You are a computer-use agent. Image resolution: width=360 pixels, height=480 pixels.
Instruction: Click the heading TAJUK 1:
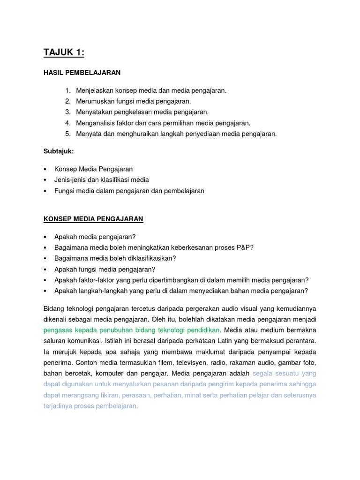[64, 52]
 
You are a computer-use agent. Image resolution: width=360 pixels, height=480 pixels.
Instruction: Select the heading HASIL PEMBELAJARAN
[82, 73]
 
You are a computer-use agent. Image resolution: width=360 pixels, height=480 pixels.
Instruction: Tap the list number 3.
[67, 112]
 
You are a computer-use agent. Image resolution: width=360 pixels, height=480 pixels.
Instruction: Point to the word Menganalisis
[97, 123]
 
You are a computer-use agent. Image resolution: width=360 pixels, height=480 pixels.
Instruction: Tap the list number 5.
[67, 134]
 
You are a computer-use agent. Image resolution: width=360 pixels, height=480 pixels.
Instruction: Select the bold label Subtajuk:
[59, 152]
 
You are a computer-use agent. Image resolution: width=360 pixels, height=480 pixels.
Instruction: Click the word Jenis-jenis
[71, 180]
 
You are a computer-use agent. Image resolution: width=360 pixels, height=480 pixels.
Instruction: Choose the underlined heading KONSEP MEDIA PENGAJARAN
[93, 219]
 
